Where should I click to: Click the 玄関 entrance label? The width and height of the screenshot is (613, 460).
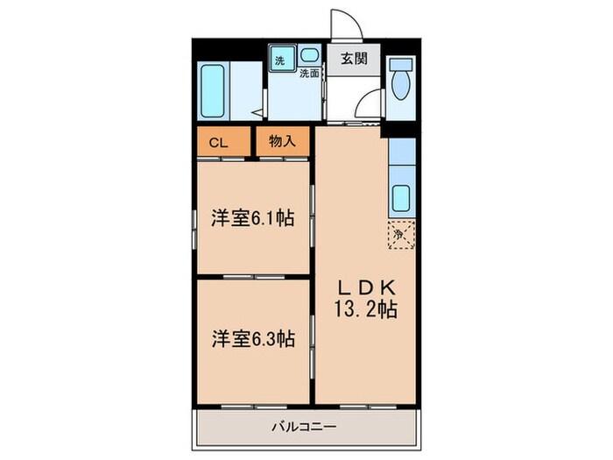point(354,59)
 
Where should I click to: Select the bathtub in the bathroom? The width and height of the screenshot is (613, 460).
point(213,92)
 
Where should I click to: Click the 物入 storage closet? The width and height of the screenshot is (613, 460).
point(283,142)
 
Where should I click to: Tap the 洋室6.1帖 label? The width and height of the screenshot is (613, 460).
point(251,218)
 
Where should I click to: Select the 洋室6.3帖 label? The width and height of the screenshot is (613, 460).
point(252,338)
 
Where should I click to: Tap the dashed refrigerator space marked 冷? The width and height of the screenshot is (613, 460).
point(401,234)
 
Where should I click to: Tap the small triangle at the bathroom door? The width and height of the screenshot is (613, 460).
point(256,112)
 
